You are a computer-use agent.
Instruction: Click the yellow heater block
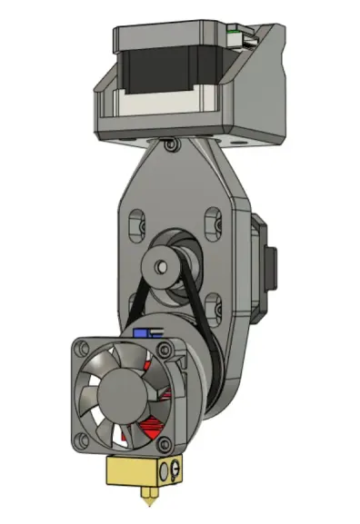click(x=136, y=472)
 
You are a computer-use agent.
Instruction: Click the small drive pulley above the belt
click(x=165, y=266)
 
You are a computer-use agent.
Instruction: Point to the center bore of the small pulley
click(x=161, y=266)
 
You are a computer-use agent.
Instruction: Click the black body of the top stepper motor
click(x=182, y=69)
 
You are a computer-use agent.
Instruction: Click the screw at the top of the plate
click(x=170, y=143)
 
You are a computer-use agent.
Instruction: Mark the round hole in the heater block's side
click(x=165, y=471)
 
